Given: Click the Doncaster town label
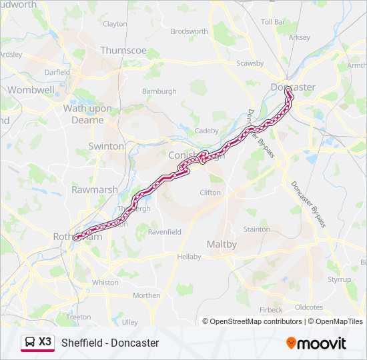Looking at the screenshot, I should [293, 87].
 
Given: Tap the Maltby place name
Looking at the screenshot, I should [222, 245].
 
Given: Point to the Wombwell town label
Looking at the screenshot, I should [31, 89].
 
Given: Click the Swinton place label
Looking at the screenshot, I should [106, 146].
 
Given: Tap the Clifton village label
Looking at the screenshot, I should [210, 193].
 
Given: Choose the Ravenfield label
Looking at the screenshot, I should [164, 232].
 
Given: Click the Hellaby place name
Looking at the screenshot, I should [189, 257].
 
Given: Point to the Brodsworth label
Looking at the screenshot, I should [190, 31].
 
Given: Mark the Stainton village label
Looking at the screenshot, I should [257, 229].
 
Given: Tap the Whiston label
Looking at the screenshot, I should [105, 283].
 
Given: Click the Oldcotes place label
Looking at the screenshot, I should [308, 307].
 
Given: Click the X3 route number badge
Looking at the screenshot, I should [45, 341].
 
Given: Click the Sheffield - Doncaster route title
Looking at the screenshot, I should [110, 343].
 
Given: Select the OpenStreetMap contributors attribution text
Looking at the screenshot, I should [256, 321].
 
